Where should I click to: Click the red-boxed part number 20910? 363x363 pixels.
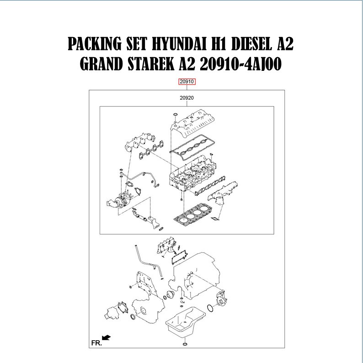point(187,82)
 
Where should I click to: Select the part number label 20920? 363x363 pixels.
point(187,98)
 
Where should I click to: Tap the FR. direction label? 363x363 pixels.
point(96,342)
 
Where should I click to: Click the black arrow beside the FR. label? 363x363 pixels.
point(107,338)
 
